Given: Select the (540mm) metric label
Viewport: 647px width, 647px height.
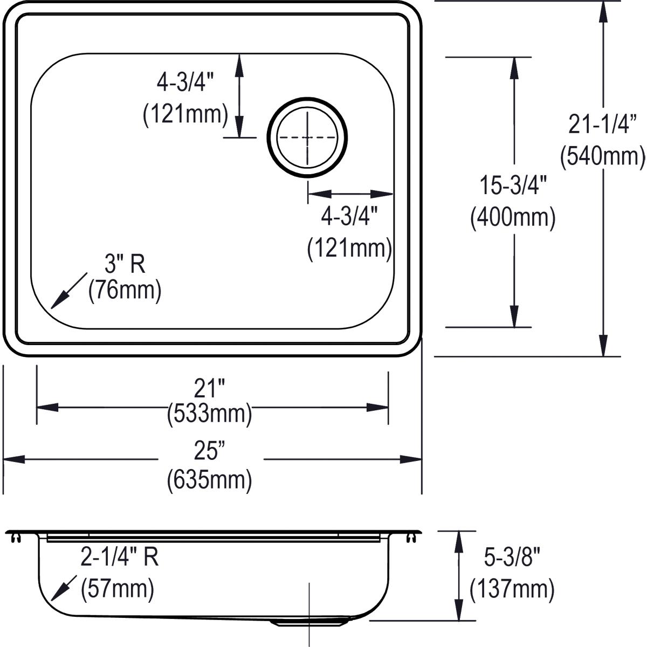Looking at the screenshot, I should coord(603,156).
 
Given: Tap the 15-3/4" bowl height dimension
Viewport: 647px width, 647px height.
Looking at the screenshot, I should coord(513,187).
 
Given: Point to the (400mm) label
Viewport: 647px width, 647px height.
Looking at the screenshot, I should coord(513,218).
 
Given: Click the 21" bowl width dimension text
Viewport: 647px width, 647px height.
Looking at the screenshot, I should coord(209,388).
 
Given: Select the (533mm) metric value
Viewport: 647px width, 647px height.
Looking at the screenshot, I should coord(209,414).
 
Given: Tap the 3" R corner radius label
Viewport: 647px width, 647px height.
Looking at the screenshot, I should coord(125,265).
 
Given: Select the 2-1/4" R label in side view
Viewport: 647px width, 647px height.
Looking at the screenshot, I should coord(119,557).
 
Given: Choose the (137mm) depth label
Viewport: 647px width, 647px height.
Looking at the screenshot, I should coord(512,589).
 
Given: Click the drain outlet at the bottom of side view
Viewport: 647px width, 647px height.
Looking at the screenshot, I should coord(308,622).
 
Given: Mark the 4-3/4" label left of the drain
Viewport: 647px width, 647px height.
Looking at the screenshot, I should coord(185,83).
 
